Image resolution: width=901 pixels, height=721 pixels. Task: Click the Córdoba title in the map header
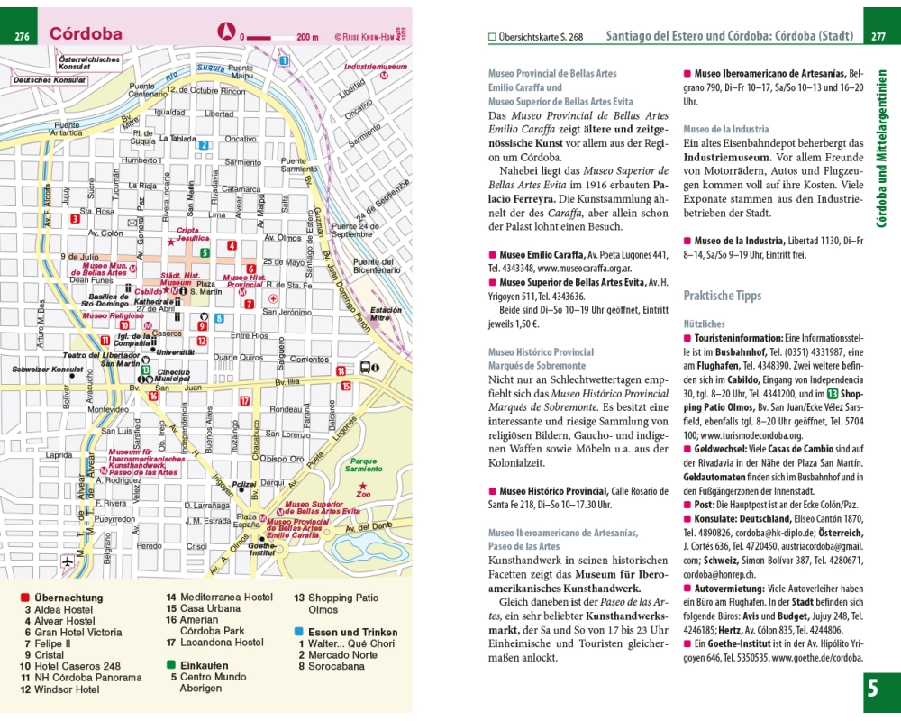click(x=86, y=34)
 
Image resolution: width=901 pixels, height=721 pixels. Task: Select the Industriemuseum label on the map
click(x=371, y=67)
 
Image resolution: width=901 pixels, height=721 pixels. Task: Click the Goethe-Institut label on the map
click(x=261, y=550)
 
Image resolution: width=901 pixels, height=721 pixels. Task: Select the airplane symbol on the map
click(x=68, y=561)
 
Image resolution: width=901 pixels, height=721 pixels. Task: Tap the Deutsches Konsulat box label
click(x=48, y=80)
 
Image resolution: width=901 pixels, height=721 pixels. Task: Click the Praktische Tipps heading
click(x=723, y=296)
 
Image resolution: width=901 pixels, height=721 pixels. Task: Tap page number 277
click(x=878, y=37)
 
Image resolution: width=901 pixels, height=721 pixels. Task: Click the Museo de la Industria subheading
click(x=726, y=130)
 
